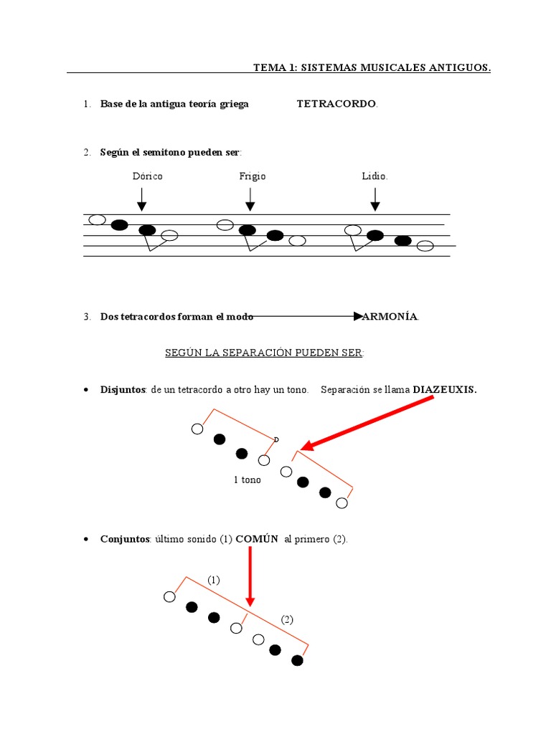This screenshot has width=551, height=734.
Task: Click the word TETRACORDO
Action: [336, 104]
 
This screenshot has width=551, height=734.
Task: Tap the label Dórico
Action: [147, 176]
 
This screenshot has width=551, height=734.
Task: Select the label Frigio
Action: [253, 176]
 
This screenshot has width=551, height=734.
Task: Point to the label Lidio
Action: [375, 176]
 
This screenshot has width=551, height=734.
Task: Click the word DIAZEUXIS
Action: [445, 390]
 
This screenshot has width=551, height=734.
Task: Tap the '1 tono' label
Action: [248, 480]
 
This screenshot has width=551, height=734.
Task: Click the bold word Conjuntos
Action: [124, 539]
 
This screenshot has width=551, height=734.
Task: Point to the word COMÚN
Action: [257, 539]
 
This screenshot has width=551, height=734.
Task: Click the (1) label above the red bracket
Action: [214, 579]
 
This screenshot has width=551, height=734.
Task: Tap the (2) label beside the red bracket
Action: [287, 619]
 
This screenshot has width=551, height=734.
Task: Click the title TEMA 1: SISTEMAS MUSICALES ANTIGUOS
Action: [372, 67]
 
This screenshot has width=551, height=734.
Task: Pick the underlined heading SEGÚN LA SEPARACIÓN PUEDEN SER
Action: [265, 353]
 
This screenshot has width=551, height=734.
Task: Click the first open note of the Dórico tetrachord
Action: [96, 219]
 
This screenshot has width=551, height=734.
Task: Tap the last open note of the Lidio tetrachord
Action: [425, 246]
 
